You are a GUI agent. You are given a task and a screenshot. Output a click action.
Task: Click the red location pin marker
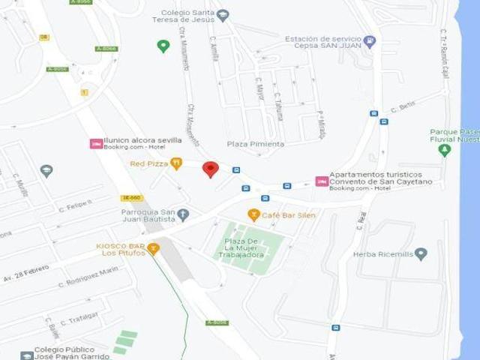[211, 169]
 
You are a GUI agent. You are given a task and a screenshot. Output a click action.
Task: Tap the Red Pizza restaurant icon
[176, 163]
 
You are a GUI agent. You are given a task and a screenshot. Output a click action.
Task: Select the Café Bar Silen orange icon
[254, 215]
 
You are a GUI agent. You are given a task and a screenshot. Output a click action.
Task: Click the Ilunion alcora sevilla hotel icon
[96, 143]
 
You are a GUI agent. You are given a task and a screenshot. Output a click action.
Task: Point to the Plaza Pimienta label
[256, 144]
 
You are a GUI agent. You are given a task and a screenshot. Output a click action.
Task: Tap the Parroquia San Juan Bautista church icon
[183, 215]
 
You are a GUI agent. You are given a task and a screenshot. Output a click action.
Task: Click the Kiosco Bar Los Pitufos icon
[153, 248]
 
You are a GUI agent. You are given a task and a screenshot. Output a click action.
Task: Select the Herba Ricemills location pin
[421, 253]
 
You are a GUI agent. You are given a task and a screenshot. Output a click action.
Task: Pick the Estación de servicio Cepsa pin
[369, 41]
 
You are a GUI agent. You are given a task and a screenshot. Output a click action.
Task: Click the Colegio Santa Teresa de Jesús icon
[223, 16]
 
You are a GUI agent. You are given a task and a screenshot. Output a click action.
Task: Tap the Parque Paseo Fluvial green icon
[444, 150]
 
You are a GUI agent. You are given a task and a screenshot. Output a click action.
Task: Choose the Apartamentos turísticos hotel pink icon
[322, 181]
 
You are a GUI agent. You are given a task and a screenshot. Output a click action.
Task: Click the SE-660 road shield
[131, 198]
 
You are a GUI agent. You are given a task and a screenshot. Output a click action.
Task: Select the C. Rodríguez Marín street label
[88, 277]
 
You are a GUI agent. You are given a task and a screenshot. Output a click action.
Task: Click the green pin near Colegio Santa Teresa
[163, 46]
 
